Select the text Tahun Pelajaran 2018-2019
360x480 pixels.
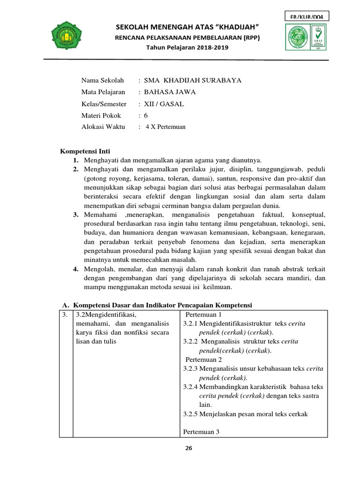click(187, 48)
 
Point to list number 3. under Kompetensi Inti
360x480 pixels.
click(75, 215)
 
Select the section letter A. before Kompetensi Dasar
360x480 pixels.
click(66, 305)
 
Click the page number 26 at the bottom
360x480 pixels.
click(189, 448)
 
